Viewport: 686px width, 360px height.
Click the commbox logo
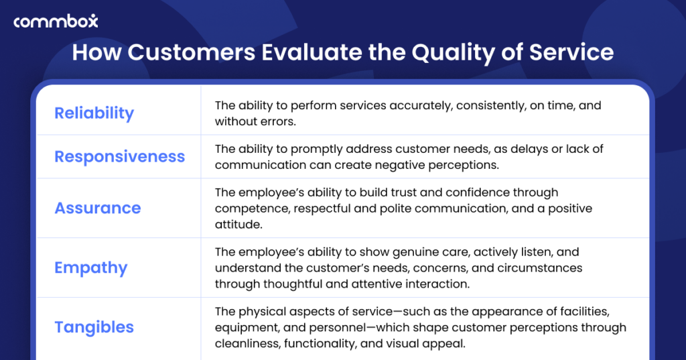pos(56,21)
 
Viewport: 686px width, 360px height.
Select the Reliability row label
pos(94,113)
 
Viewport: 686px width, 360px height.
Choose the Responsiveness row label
pos(119,157)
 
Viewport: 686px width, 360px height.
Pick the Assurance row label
pos(98,208)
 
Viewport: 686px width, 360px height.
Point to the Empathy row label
pos(90,267)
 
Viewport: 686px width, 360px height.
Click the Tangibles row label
pos(94,327)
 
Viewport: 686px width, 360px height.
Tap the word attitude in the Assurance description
pos(237,225)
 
